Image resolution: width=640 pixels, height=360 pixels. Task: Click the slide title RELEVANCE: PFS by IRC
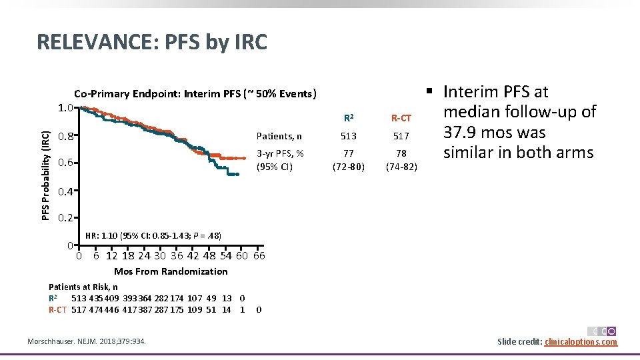(152, 42)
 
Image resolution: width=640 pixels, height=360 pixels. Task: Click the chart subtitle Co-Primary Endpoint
(195, 93)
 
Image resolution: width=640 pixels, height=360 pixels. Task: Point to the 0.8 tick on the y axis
(65, 137)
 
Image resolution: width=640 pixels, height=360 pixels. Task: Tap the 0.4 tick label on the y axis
(65, 191)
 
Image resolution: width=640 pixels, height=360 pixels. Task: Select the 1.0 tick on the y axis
(65, 108)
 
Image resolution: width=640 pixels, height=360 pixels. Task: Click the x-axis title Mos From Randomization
(171, 271)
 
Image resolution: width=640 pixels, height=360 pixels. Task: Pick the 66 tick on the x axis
(259, 256)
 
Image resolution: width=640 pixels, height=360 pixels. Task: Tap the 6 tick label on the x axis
(97, 256)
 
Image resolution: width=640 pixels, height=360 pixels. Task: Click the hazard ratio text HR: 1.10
(154, 235)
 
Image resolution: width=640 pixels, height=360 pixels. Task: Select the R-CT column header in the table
(401, 119)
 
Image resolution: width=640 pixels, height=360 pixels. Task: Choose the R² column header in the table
(349, 119)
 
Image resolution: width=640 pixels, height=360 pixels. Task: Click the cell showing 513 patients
(349, 136)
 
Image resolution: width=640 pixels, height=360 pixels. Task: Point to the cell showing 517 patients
(401, 136)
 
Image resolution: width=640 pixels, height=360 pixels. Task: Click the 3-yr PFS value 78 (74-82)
(401, 159)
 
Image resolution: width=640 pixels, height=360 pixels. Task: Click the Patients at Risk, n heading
(83, 287)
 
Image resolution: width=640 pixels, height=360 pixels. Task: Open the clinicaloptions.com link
(581, 342)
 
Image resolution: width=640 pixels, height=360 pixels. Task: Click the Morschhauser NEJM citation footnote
(87, 342)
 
